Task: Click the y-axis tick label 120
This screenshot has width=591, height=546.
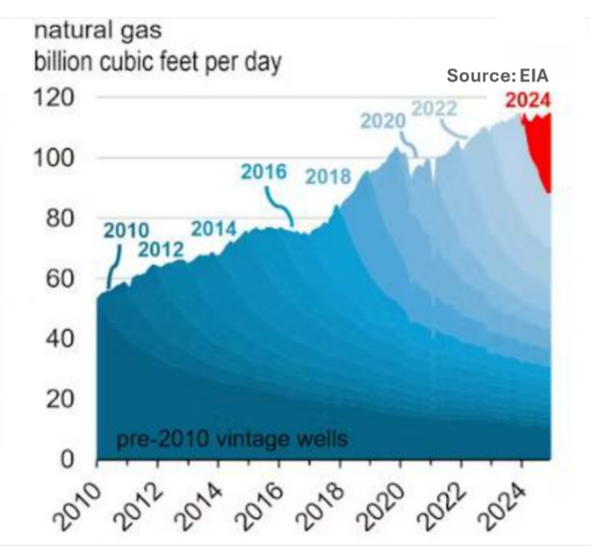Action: coord(52,99)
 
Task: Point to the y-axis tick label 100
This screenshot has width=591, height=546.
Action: coord(52,159)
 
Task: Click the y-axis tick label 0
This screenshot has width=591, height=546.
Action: coord(66,460)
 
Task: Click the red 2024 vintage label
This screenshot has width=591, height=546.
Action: coord(528,100)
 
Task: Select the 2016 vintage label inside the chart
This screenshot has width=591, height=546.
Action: coord(263,172)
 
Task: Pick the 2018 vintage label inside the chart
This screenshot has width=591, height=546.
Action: coord(328,176)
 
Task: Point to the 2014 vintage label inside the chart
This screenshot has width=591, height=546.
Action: coord(214,228)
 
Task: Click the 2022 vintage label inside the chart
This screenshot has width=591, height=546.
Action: coord(434,109)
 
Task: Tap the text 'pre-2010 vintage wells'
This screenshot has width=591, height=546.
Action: coord(231,439)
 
